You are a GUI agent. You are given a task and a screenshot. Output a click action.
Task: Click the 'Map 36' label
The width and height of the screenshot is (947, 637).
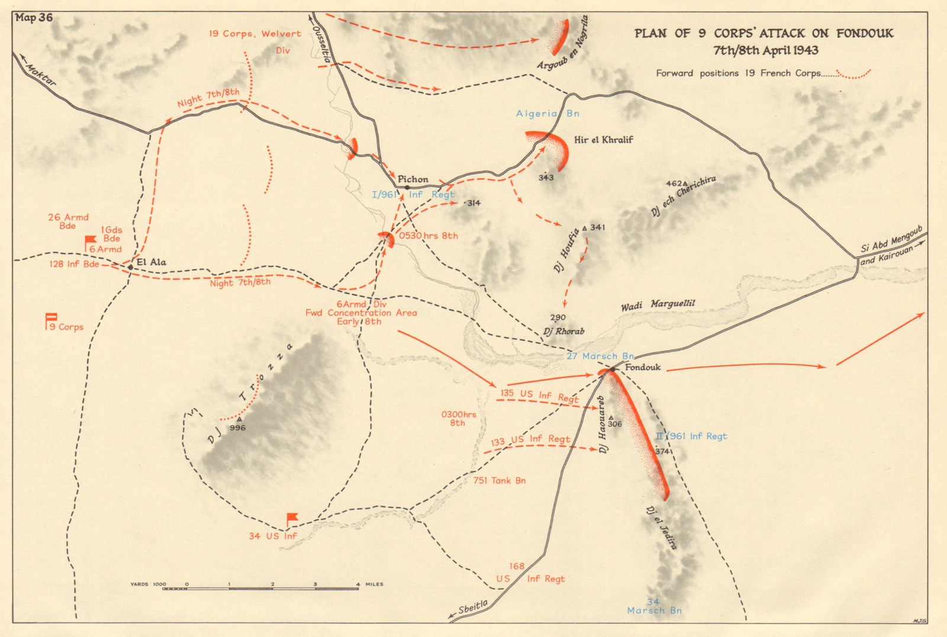point(34,18)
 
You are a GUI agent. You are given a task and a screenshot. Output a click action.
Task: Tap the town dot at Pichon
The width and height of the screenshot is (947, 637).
point(407,187)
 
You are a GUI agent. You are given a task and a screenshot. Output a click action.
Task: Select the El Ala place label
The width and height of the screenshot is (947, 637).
point(151,262)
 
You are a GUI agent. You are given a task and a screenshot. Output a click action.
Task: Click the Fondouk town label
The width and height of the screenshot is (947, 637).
point(643,367)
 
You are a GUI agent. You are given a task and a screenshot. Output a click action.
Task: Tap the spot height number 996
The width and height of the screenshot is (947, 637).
point(237,428)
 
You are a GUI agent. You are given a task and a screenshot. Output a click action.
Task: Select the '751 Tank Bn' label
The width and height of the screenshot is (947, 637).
point(500,480)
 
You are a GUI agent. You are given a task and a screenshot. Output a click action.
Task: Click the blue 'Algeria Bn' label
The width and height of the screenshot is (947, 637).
point(547,114)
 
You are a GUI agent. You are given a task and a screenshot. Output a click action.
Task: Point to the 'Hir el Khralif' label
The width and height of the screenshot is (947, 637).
point(603,140)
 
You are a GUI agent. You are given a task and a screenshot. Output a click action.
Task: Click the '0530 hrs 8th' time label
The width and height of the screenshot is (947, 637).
point(428,235)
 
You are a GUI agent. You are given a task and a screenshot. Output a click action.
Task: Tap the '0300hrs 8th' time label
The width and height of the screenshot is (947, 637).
point(458,419)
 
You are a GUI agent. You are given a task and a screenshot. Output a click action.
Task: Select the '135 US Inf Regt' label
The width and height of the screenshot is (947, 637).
point(539,396)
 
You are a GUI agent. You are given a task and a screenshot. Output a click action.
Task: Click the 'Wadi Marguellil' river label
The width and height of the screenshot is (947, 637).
point(658,305)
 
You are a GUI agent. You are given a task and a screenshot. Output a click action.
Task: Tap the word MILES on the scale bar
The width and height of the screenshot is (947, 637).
point(374,584)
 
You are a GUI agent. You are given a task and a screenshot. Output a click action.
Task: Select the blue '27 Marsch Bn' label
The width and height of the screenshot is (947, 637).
point(600,356)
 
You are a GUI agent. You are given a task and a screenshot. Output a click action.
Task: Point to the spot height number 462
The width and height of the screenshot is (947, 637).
point(674,184)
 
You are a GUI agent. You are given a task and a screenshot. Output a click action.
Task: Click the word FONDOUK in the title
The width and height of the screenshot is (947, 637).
point(865,33)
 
